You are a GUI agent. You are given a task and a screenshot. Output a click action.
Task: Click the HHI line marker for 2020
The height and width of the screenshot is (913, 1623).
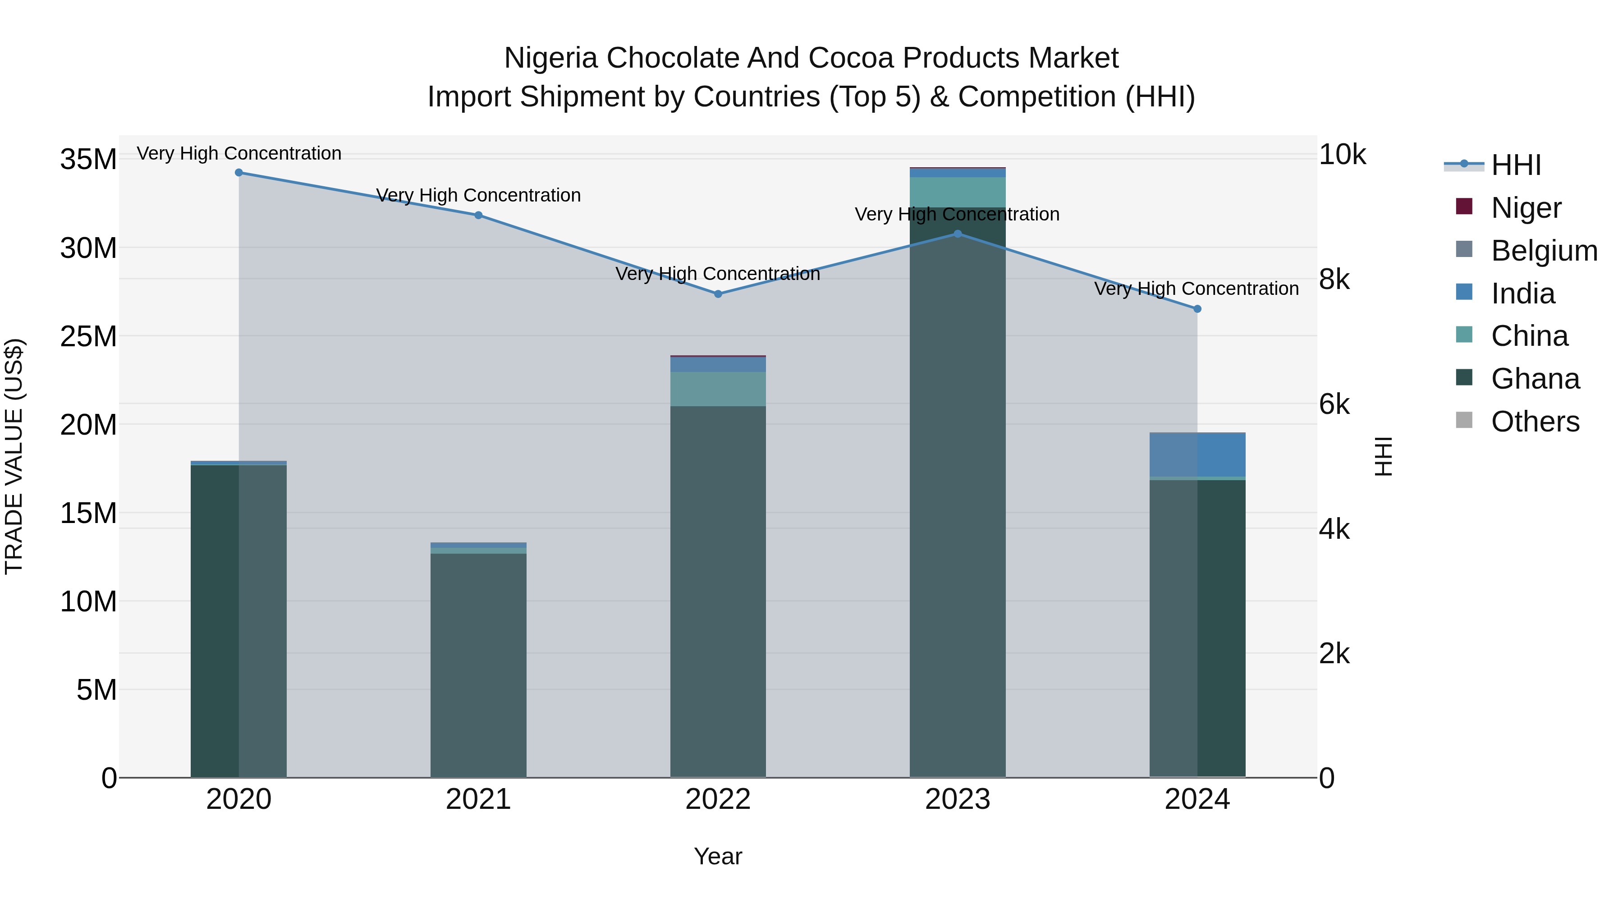pos(239,173)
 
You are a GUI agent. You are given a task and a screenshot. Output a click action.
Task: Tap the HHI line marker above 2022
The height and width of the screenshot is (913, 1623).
pos(718,294)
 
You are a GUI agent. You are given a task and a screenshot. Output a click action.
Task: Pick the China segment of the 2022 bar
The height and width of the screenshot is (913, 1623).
pos(718,389)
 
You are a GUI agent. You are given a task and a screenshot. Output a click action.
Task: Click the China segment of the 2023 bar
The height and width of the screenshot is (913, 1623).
pos(957,192)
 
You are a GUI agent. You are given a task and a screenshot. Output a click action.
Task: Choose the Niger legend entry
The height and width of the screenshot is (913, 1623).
pos(1526,208)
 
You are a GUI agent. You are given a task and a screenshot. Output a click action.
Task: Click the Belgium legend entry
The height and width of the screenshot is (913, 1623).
pos(1544,251)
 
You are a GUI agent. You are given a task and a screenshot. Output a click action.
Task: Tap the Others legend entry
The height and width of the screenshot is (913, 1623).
pos(1535,422)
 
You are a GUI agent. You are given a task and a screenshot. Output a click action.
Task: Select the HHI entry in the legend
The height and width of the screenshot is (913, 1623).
pos(1516,165)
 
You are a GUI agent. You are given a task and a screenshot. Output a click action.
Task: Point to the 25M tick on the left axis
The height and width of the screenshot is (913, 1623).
pos(88,336)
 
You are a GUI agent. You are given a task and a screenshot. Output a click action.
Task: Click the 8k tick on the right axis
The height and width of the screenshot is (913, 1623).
pos(1334,280)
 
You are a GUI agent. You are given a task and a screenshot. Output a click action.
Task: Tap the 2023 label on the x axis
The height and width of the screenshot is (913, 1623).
pos(957,799)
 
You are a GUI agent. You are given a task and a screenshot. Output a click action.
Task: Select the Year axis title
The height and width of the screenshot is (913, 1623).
pos(718,856)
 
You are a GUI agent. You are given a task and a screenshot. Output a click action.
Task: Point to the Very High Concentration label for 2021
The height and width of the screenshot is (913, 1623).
pos(478,195)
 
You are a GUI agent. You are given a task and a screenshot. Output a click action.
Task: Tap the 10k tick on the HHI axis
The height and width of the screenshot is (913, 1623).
pos(1342,155)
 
